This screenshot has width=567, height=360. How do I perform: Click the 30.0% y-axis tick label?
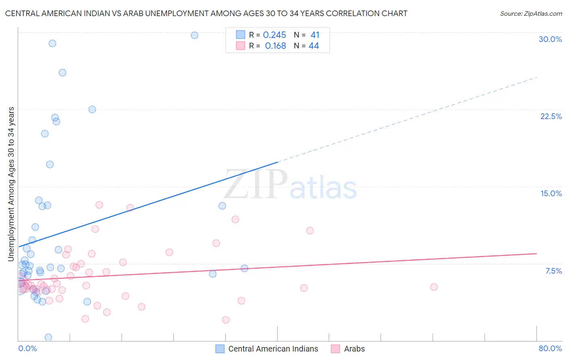point(550,39)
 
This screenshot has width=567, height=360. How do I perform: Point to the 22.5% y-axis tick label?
point(551,116)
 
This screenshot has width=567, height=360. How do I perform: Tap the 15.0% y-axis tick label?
point(551,193)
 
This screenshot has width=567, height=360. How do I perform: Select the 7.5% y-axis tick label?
point(553,271)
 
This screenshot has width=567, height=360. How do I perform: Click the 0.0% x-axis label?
point(27,348)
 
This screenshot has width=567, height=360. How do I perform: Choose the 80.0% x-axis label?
point(550,348)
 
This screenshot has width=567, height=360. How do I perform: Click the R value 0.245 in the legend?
point(274,35)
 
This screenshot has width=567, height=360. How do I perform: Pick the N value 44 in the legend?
point(314,46)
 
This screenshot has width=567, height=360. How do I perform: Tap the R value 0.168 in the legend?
point(275,46)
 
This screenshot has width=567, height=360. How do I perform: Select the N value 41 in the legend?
point(315,35)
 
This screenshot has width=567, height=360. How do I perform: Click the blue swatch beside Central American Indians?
point(220,349)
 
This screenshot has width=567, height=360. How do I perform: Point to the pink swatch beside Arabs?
point(335,349)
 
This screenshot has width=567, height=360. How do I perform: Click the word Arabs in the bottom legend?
point(354,349)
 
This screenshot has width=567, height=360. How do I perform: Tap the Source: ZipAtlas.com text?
point(531,14)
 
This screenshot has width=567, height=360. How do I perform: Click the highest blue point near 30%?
point(194,35)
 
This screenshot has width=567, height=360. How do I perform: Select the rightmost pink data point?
point(434,287)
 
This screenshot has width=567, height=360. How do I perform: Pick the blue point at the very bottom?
point(48,337)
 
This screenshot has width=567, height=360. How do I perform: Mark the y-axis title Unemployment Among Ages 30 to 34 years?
point(11,184)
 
